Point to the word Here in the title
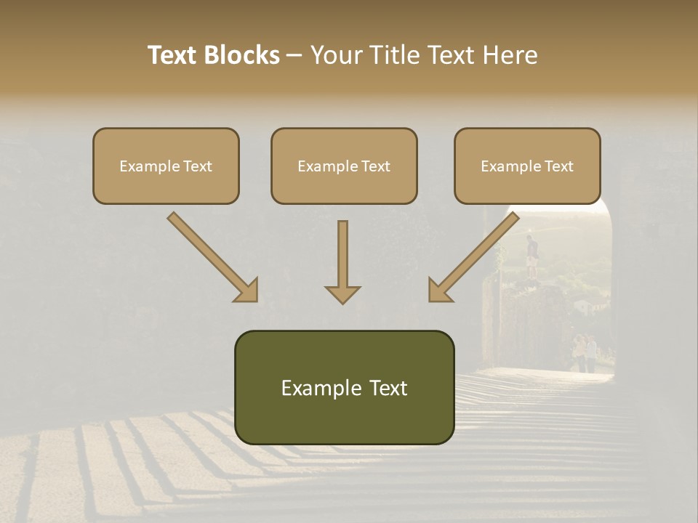[512, 55]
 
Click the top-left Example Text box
[166, 166]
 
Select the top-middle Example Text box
[344, 166]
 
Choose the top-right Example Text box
[527, 166]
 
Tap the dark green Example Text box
[344, 388]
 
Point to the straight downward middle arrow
[342, 261]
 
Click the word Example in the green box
[316, 388]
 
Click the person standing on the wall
[533, 256]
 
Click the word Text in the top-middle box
[375, 166]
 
